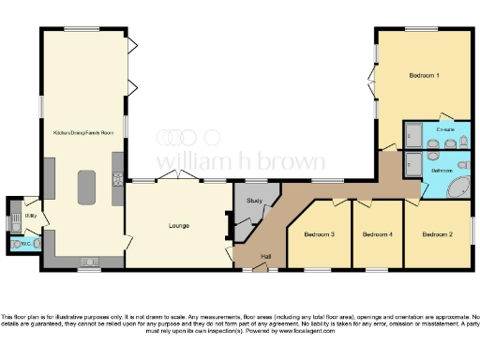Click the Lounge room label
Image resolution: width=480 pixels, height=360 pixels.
(178, 226)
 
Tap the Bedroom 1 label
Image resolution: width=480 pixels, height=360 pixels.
(425, 74)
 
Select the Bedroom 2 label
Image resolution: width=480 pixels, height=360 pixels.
(436, 233)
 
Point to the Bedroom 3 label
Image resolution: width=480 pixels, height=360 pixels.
(319, 233)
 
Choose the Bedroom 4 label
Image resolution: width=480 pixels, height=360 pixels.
(377, 233)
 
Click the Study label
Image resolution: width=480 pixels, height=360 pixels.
(254, 201)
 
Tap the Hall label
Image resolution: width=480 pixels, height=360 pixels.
(266, 256)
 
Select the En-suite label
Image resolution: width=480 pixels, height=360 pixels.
(445, 129)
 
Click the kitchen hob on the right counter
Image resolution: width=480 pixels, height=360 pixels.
(117, 180)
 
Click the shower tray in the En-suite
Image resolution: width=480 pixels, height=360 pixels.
(413, 137)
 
